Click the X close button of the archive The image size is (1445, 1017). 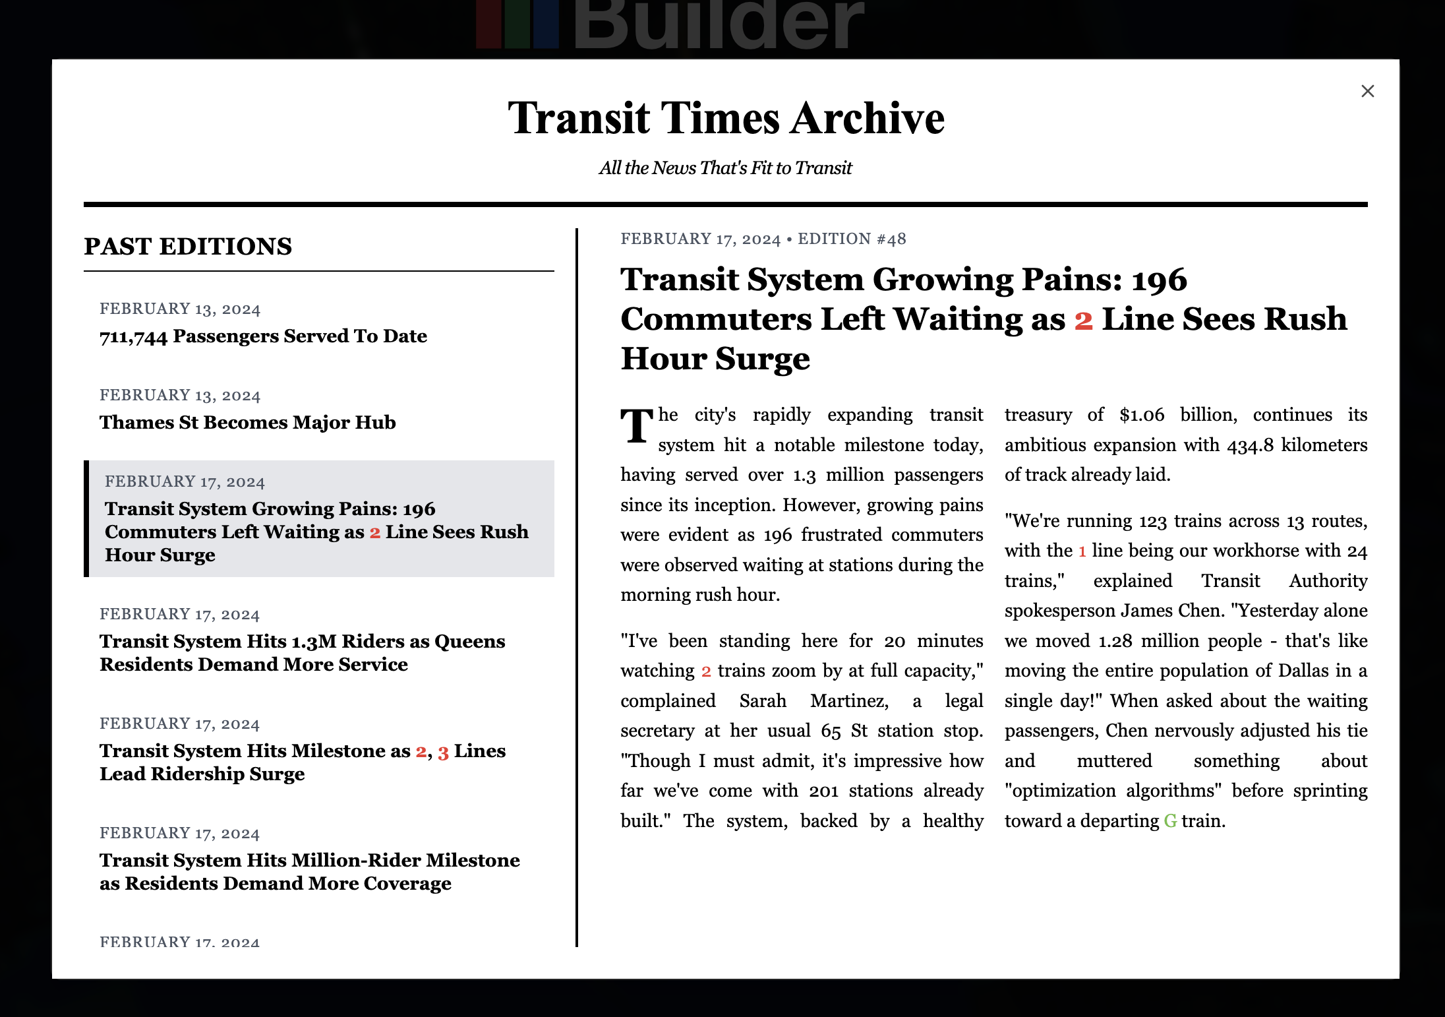(x=1367, y=91)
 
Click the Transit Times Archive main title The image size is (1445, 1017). (x=726, y=119)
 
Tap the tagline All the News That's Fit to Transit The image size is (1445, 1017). (x=725, y=168)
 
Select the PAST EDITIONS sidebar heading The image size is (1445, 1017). (x=188, y=247)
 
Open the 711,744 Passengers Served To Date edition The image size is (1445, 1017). (x=263, y=336)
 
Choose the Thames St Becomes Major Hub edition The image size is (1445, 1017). (x=247, y=423)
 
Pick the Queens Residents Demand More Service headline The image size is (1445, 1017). (x=302, y=653)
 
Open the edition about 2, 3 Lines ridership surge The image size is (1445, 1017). (x=302, y=762)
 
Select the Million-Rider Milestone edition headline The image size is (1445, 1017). (x=309, y=872)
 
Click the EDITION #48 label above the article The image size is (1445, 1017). (x=852, y=239)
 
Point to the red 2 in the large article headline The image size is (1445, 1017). (x=1083, y=321)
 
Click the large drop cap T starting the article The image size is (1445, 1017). (x=637, y=427)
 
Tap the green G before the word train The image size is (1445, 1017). (x=1170, y=821)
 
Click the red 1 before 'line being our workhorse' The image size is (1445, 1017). (x=1082, y=551)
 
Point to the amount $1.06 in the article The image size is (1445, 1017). (x=1142, y=415)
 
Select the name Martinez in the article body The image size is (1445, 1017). (x=849, y=700)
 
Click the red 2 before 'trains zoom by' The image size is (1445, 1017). (x=706, y=671)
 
